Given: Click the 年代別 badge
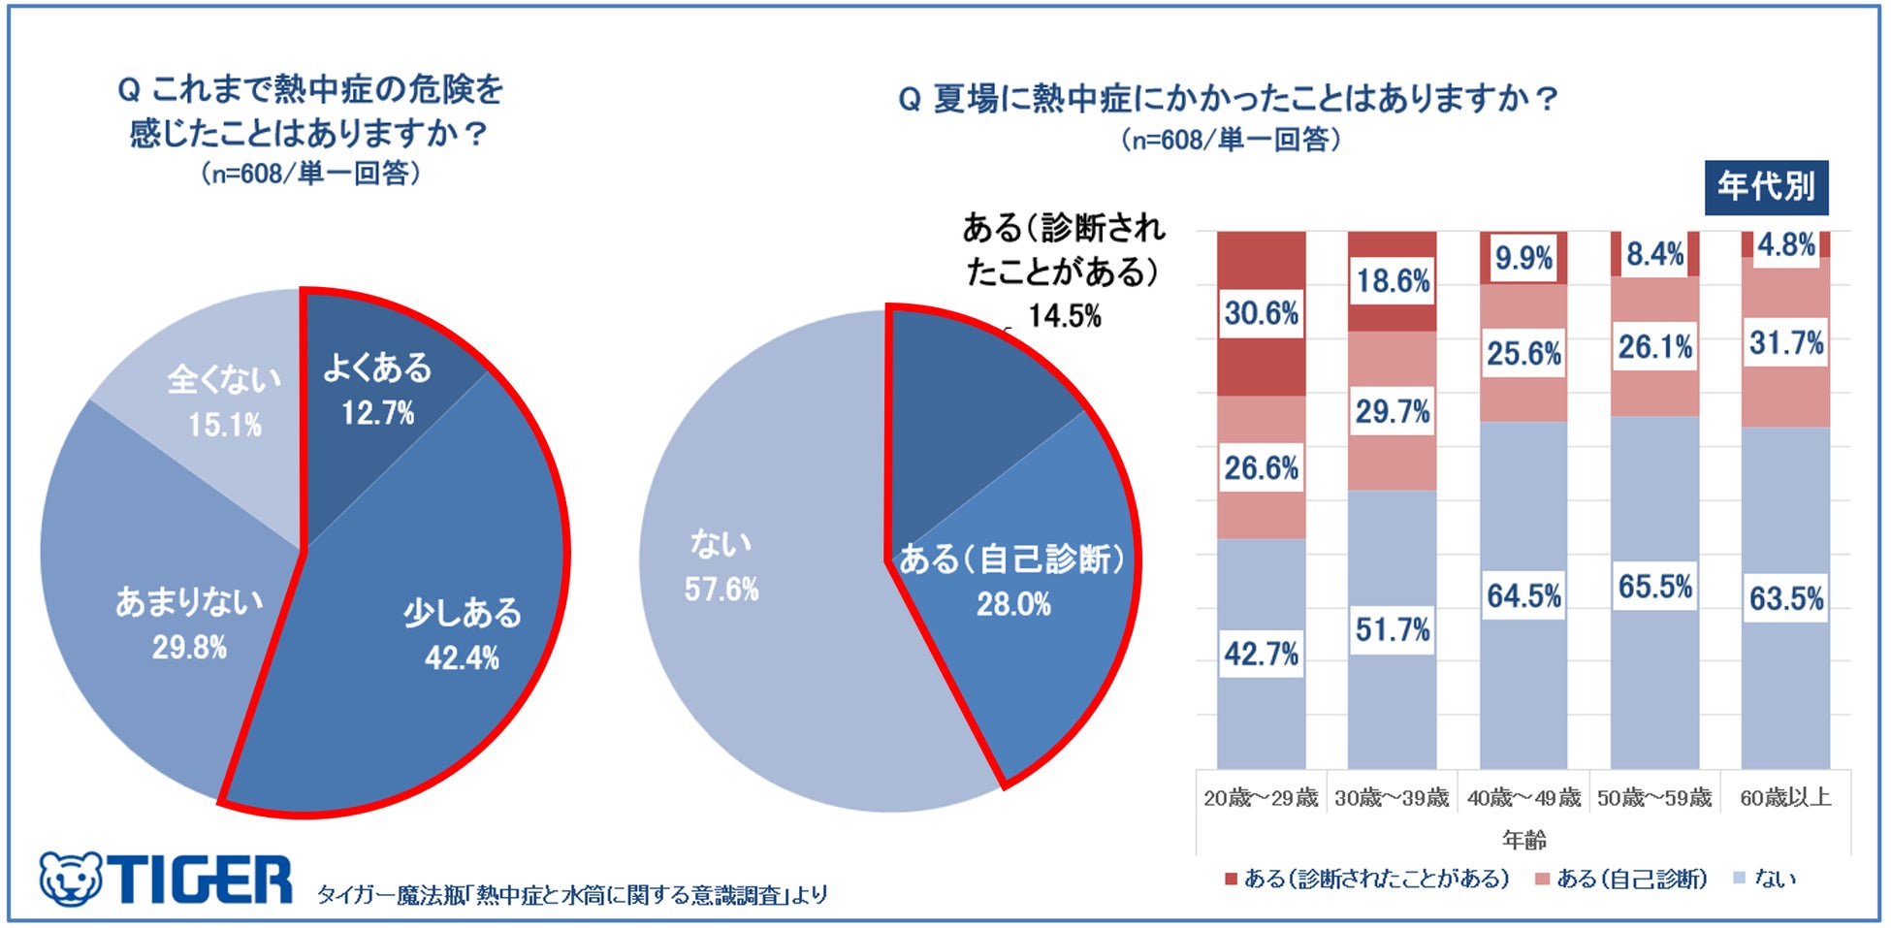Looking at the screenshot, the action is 1766,187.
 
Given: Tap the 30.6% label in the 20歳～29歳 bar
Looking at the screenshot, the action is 1261,313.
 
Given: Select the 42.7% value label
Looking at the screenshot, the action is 1261,655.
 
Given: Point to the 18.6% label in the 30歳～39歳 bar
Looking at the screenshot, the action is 1393,281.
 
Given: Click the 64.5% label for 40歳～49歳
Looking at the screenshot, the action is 1523,595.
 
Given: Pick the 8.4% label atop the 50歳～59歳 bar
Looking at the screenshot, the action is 1654,254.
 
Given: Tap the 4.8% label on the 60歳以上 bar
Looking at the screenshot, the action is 1785,244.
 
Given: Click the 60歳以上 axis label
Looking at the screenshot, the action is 1785,798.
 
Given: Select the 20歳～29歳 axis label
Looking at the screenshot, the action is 1261,798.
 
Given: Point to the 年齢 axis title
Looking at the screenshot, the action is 1523,840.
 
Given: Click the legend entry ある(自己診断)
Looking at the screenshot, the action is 1621,879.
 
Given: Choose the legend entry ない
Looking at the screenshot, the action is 1765,879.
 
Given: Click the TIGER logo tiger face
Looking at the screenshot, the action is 71,880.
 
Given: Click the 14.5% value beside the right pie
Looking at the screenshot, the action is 1065,316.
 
